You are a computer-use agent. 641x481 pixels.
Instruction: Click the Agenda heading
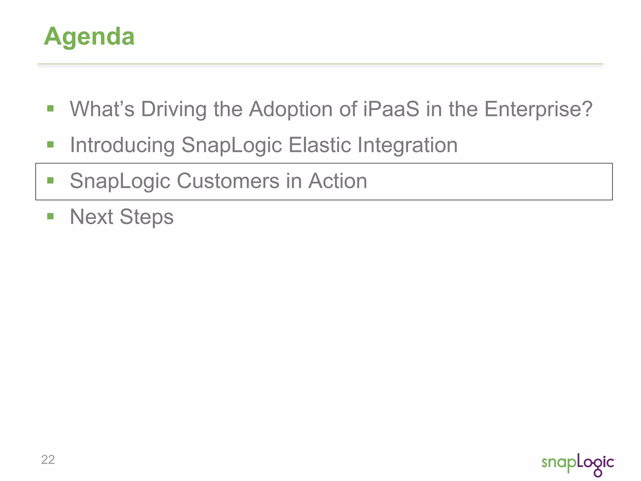[89, 37]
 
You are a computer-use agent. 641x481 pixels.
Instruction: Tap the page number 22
[48, 460]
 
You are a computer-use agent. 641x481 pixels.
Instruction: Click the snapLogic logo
[578, 464]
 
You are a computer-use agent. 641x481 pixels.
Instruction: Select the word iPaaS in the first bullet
[391, 109]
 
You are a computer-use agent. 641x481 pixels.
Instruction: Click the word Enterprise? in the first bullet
[538, 109]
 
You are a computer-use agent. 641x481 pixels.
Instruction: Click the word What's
[102, 109]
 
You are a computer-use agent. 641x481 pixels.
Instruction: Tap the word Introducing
[122, 145]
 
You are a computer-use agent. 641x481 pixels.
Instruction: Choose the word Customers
[228, 181]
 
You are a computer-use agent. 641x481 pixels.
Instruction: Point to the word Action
[338, 181]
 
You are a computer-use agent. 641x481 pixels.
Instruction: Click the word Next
[91, 217]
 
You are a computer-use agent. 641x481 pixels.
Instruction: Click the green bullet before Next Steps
[50, 216]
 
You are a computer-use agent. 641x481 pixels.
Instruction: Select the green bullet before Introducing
[50, 144]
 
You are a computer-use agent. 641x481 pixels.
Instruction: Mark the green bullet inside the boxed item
[50, 180]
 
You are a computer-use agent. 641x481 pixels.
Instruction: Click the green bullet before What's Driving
[50, 109]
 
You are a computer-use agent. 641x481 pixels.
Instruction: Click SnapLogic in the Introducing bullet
[232, 145]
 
